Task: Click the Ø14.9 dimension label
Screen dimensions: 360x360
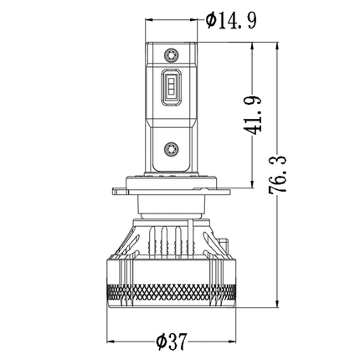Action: [x=231, y=21]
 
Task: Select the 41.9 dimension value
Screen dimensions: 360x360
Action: [x=253, y=116]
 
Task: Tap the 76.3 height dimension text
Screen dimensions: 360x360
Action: [x=278, y=173]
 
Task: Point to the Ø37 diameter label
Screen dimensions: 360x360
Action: [x=171, y=342]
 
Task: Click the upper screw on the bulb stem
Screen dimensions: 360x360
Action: [x=171, y=54]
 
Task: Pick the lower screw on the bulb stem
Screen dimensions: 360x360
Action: [x=171, y=148]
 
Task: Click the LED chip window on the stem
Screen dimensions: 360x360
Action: [x=171, y=87]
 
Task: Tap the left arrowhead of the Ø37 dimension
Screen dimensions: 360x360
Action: [x=111, y=342]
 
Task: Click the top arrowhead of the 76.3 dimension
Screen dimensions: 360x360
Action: [x=277, y=47]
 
